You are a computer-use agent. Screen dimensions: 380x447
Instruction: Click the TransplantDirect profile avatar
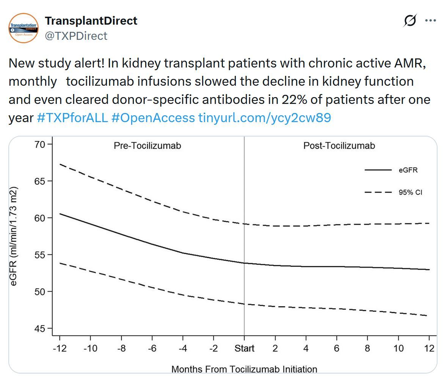(24, 28)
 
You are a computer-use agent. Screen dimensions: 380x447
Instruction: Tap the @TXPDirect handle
(76, 36)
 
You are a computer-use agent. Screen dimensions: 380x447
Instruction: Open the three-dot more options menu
(431, 21)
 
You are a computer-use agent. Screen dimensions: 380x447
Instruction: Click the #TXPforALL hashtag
(72, 118)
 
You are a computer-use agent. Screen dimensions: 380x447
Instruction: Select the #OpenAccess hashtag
(153, 118)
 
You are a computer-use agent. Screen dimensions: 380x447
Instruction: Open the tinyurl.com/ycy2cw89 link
(265, 118)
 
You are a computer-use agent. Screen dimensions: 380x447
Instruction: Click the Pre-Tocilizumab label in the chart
(147, 146)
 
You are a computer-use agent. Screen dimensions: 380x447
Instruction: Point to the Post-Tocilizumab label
(339, 146)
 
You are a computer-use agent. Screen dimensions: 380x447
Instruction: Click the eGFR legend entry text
(408, 170)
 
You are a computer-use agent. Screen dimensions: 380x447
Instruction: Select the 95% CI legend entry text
(410, 192)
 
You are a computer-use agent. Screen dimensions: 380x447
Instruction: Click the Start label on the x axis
(244, 348)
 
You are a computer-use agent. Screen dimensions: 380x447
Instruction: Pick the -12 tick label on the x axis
(60, 348)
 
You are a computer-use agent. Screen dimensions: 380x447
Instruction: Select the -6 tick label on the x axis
(152, 348)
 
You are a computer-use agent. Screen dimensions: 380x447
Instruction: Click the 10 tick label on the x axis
(398, 348)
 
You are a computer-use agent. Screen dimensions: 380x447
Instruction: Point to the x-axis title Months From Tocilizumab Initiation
(244, 369)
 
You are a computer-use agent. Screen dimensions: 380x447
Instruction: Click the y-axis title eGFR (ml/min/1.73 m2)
(14, 236)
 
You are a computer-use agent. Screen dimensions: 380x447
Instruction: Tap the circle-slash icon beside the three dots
(410, 21)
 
